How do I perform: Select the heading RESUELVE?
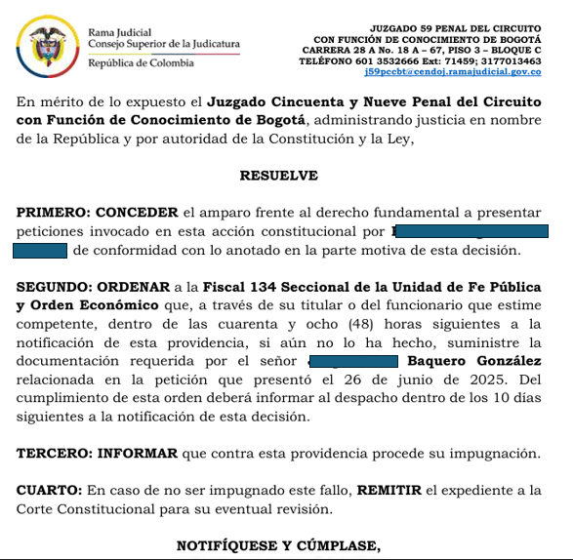click(x=278, y=176)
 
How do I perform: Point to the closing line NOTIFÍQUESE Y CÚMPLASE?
click(x=278, y=544)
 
